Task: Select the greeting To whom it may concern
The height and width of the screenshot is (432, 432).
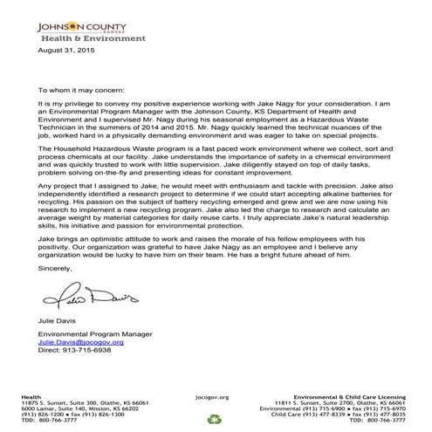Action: coord(82,89)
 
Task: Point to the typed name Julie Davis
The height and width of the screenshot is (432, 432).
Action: coord(58,324)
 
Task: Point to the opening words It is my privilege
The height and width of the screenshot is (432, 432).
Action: coord(65,103)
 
